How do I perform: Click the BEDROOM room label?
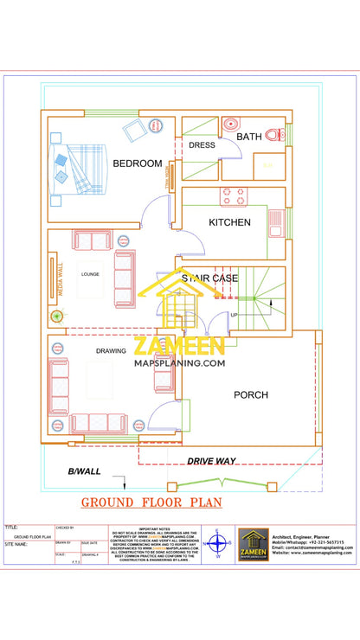pyautogui.click(x=137, y=163)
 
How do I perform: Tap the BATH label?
pyautogui.click(x=249, y=137)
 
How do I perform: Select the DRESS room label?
pyautogui.click(x=202, y=145)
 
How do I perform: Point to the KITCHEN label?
pyautogui.click(x=229, y=222)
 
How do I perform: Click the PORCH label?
pyautogui.click(x=251, y=395)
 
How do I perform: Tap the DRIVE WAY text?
pyautogui.click(x=213, y=462)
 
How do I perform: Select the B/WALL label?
pyautogui.click(x=84, y=471)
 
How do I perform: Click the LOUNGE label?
pyautogui.click(x=90, y=274)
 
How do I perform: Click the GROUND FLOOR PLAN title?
pyautogui.click(x=151, y=502)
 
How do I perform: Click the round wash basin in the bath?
pyautogui.click(x=229, y=124)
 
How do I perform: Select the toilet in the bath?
pyautogui.click(x=274, y=135)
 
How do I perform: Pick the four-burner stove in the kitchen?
pyautogui.click(x=234, y=196)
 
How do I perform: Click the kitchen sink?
pyautogui.click(x=275, y=221)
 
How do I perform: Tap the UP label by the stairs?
pyautogui.click(x=234, y=315)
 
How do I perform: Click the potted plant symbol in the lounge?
pyautogui.click(x=58, y=316)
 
